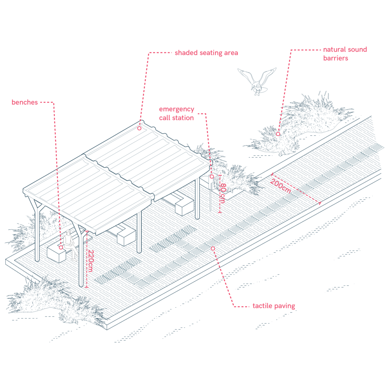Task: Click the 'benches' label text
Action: [x=25, y=102]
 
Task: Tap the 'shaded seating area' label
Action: [x=206, y=53]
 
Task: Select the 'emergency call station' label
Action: [x=176, y=113]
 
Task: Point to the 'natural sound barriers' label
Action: [x=345, y=54]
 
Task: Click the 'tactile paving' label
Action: [x=274, y=306]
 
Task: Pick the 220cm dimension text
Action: [x=90, y=261]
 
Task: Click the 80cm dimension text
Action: [x=223, y=193]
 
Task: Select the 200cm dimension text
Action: [x=280, y=186]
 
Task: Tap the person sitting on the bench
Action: [x=70, y=244]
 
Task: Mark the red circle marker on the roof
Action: [x=139, y=128]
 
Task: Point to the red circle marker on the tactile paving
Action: [x=213, y=248]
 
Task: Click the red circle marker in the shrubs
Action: [x=278, y=134]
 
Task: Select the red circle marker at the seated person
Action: [x=61, y=247]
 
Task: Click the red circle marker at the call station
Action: [x=212, y=177]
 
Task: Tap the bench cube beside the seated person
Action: [x=56, y=254]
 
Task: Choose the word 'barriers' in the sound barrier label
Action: [x=335, y=58]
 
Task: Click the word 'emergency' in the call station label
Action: [x=176, y=109]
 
